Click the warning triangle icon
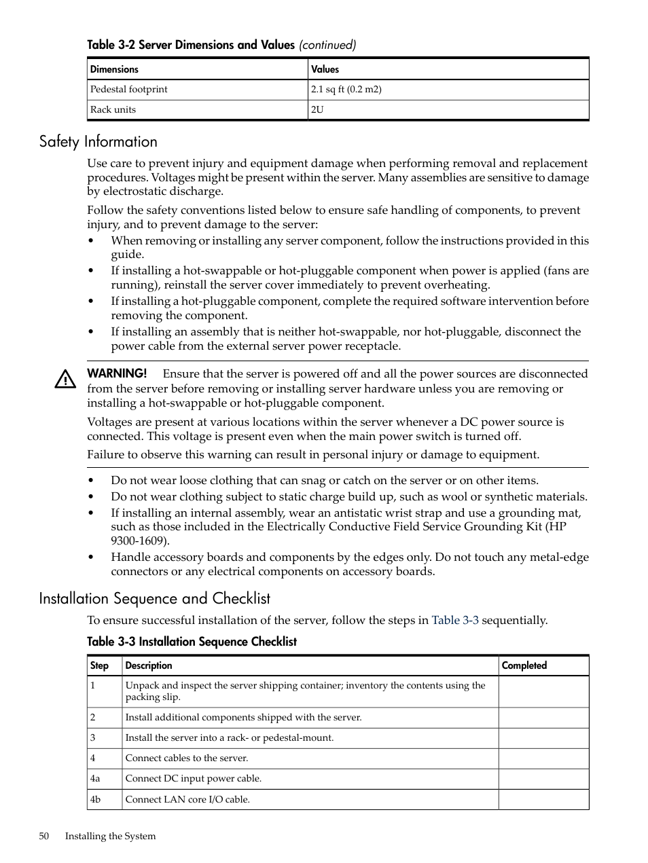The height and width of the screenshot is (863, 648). [65, 380]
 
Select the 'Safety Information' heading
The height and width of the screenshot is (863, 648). [98, 141]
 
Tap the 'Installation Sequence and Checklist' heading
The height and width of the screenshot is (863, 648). [154, 598]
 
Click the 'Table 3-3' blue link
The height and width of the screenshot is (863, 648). [455, 620]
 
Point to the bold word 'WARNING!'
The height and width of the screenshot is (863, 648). [117, 373]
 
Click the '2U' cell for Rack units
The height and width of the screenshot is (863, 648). [317, 109]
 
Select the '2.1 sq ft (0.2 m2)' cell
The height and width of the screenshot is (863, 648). [346, 89]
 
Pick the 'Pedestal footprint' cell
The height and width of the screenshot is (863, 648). [129, 89]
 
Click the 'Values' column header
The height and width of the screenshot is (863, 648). [325, 69]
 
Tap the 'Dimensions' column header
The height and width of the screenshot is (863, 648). [114, 69]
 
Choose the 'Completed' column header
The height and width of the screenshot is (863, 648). [524, 665]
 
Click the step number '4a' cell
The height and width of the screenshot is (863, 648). [95, 778]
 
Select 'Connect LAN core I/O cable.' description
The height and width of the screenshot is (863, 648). [187, 799]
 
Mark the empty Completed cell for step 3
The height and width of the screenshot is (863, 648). [543, 738]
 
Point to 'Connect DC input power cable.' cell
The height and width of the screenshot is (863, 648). [194, 778]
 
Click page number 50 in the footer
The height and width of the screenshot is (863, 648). [44, 836]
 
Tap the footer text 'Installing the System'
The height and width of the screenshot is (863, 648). [110, 836]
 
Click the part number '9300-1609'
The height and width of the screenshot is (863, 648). [139, 540]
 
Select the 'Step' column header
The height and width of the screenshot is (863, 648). [99, 665]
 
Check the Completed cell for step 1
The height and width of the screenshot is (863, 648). [543, 691]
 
